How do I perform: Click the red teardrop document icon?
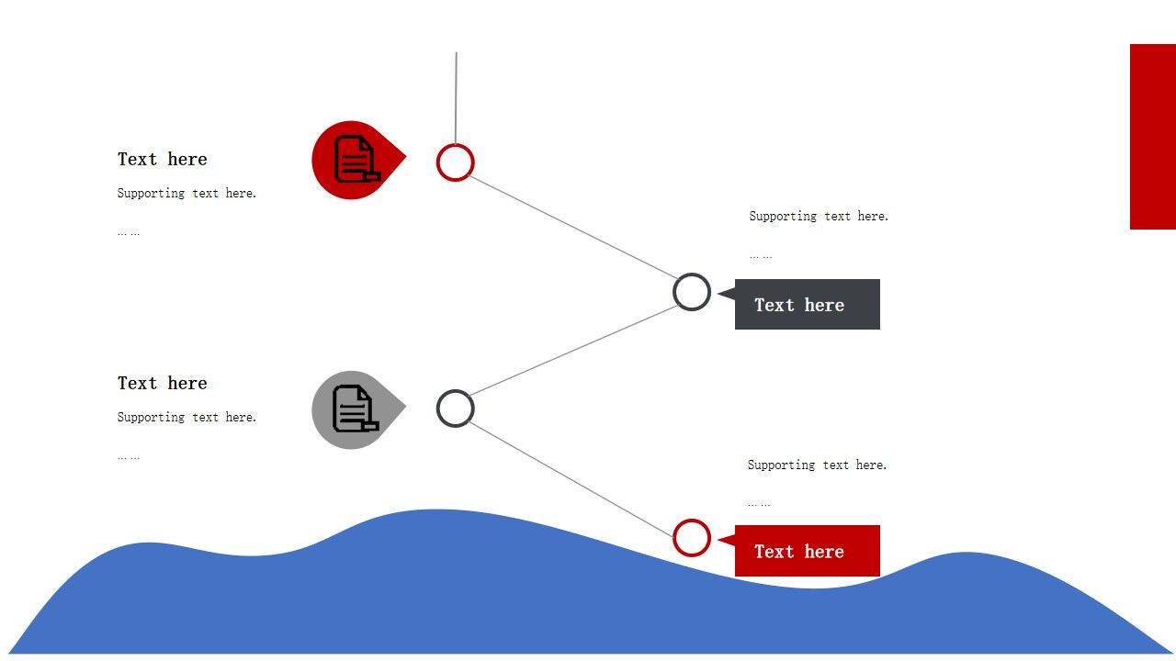(x=355, y=160)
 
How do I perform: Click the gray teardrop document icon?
(x=355, y=409)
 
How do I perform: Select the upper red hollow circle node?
(x=456, y=162)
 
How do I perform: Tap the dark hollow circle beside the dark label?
(x=692, y=292)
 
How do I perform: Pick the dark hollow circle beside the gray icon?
(x=456, y=409)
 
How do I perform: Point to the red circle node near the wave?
(x=692, y=538)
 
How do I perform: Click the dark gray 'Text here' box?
(x=808, y=305)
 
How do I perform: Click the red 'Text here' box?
(x=808, y=551)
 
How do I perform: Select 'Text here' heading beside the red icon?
(x=163, y=159)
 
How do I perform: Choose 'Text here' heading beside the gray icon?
(x=163, y=383)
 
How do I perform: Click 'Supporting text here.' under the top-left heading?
(x=187, y=193)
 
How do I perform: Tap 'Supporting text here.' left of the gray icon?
(x=187, y=417)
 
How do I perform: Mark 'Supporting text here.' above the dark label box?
(x=819, y=216)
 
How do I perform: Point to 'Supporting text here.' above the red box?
(x=817, y=465)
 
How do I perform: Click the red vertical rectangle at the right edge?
(x=1153, y=136)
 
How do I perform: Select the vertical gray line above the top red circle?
(x=457, y=96)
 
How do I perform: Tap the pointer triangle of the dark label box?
(x=727, y=293)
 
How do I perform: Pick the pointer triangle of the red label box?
(x=727, y=540)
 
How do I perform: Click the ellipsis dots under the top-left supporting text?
(x=129, y=233)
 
